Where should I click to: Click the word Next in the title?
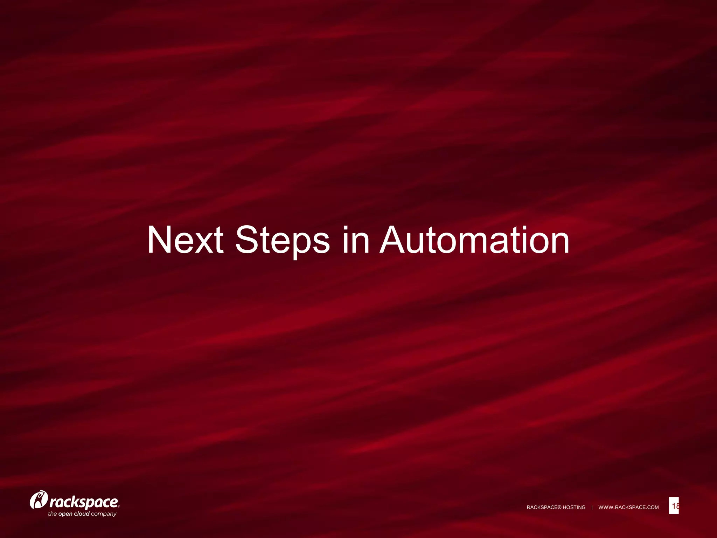(185, 240)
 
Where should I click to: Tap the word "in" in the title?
(356, 240)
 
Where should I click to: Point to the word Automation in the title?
(474, 240)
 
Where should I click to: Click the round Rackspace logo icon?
(39, 500)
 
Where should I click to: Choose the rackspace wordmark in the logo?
(84, 502)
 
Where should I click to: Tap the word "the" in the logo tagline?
(52, 514)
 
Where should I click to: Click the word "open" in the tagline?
(65, 514)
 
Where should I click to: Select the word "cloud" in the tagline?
(82, 514)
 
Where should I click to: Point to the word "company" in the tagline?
(104, 514)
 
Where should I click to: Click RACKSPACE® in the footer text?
(544, 507)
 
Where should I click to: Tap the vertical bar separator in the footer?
(592, 507)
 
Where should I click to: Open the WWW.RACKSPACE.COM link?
(628, 507)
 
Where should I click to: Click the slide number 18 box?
(674, 505)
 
